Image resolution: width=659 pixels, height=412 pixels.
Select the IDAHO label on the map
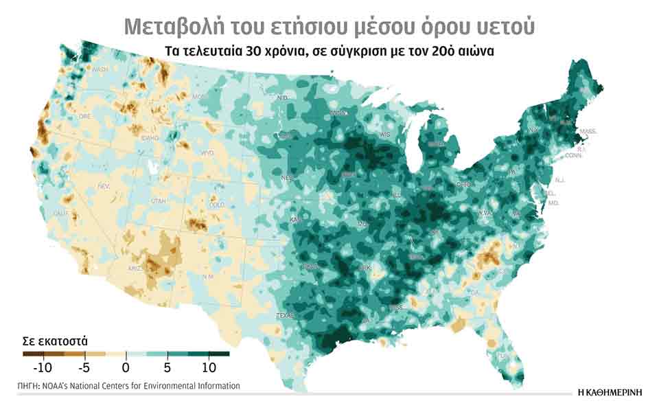(150, 138)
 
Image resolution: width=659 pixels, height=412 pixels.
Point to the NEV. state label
(104, 186)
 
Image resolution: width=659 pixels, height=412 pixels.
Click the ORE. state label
(84, 117)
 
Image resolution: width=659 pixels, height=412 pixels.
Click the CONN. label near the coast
(574, 156)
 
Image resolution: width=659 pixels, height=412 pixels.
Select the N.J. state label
(559, 180)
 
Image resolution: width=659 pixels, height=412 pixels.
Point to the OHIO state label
(463, 185)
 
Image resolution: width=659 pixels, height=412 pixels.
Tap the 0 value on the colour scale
(126, 365)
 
